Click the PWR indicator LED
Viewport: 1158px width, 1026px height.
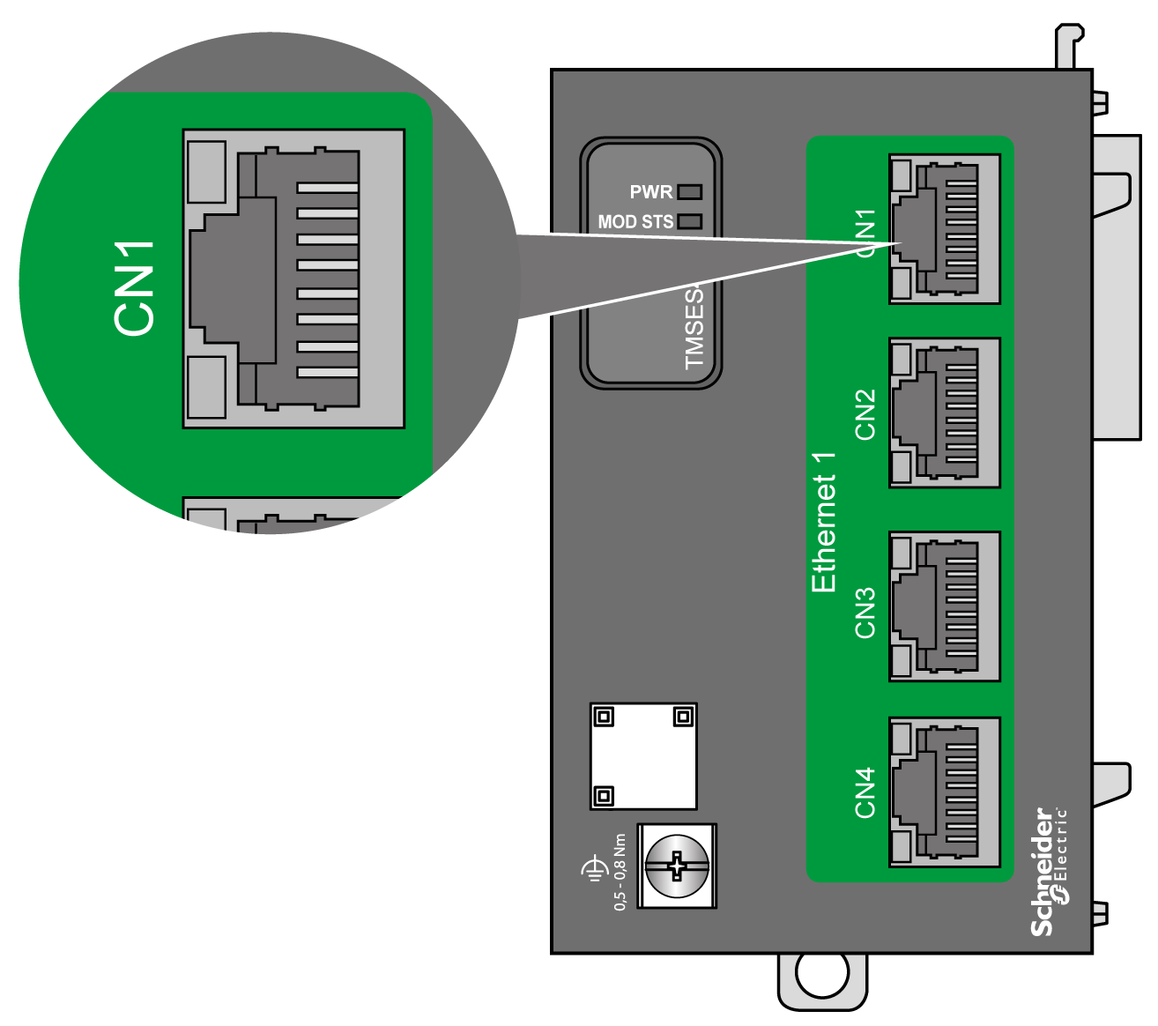[x=689, y=191]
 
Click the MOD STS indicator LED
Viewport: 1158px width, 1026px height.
[x=689, y=221]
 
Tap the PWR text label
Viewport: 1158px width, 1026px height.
[x=650, y=192]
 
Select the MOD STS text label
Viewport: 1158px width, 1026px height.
[x=635, y=222]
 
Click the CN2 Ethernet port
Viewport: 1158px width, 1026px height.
[x=945, y=413]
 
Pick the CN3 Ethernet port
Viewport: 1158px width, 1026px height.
[x=945, y=606]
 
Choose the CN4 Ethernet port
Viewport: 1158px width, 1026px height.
[x=945, y=792]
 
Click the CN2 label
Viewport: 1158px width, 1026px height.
[x=865, y=413]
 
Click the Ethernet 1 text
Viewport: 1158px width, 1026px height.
[x=823, y=522]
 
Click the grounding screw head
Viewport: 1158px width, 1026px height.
[x=676, y=866]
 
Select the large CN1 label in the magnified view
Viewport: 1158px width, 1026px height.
[x=135, y=287]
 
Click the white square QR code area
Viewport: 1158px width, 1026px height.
[x=643, y=756]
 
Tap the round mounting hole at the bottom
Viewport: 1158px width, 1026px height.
[x=822, y=972]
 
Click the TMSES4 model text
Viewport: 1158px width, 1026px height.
[x=695, y=326]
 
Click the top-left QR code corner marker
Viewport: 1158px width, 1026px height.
[x=604, y=717]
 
